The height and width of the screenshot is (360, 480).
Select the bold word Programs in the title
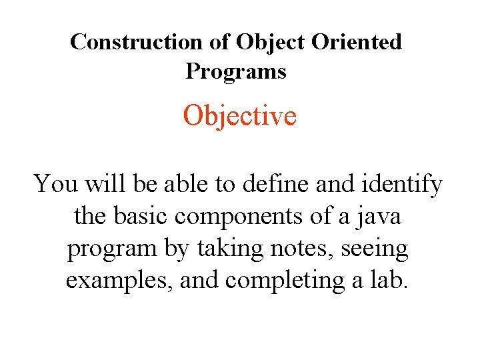pyautogui.click(x=236, y=71)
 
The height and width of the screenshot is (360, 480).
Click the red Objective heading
pyautogui.click(x=239, y=117)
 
